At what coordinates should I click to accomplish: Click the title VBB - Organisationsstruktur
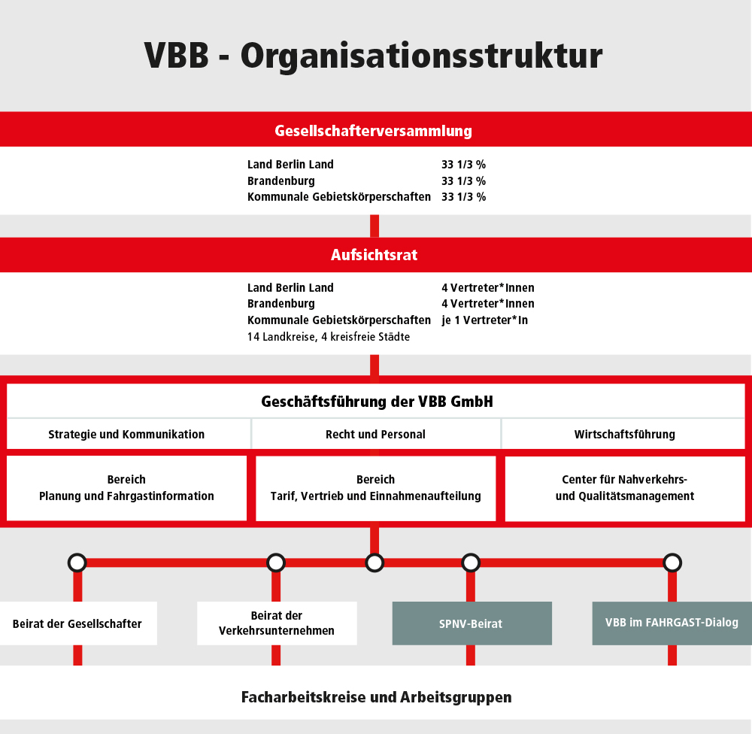(x=373, y=56)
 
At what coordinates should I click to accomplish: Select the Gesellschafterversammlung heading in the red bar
(x=373, y=131)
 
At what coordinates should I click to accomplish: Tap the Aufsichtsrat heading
(x=374, y=255)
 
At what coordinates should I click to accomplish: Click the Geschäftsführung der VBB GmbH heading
(x=377, y=402)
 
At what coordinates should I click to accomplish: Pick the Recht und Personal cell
(x=376, y=434)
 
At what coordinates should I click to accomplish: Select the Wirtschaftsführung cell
(x=623, y=434)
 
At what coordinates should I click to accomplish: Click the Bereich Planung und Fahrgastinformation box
(x=126, y=488)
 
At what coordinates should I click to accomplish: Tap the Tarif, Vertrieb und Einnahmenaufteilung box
(x=375, y=488)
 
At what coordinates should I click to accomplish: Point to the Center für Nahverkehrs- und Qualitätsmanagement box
(x=625, y=488)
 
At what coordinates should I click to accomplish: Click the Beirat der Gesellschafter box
(x=78, y=623)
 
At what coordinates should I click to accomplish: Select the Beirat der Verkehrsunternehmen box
(x=277, y=623)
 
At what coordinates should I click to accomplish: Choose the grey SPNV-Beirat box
(x=472, y=623)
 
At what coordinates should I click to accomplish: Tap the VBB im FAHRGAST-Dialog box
(x=672, y=623)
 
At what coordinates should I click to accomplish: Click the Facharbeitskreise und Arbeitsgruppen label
(x=377, y=697)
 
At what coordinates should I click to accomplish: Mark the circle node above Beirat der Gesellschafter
(x=77, y=563)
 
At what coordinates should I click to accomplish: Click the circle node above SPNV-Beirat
(x=471, y=563)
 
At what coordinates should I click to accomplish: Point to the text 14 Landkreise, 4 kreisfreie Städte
(x=329, y=337)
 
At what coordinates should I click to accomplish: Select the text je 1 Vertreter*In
(x=484, y=320)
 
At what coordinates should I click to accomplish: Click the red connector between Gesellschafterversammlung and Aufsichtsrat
(x=374, y=226)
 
